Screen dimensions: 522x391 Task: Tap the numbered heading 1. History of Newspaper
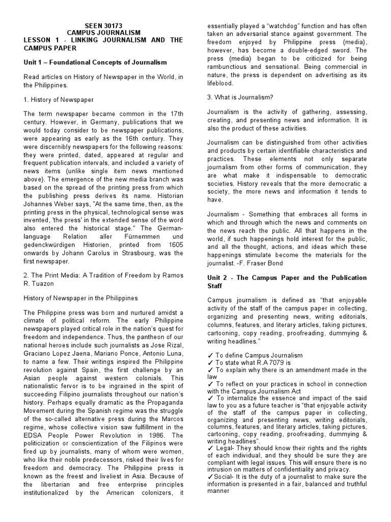coord(59,99)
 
